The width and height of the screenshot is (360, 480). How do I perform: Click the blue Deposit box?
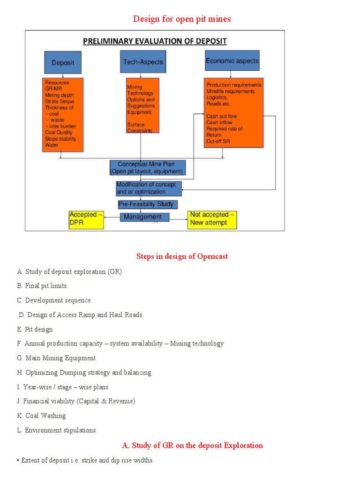pyautogui.click(x=63, y=62)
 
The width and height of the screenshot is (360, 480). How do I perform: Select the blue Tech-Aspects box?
pyautogui.click(x=143, y=62)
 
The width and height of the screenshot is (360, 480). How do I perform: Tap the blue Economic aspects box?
pyautogui.click(x=232, y=61)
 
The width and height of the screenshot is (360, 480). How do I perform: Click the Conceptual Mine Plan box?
pyautogui.click(x=148, y=168)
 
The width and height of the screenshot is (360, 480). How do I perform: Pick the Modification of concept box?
pyautogui.click(x=149, y=188)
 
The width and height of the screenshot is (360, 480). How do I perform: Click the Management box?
pyautogui.click(x=144, y=217)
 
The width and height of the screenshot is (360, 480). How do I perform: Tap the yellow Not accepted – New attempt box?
pyautogui.click(x=212, y=219)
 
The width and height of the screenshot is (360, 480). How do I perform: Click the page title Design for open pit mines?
pyautogui.click(x=182, y=19)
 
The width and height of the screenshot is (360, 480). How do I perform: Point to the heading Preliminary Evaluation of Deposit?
pyautogui.click(x=155, y=41)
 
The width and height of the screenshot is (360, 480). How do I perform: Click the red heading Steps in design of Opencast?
pyautogui.click(x=182, y=256)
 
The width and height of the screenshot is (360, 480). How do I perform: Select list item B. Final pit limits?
pyautogui.click(x=43, y=285)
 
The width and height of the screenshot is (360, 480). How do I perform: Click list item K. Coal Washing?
pyautogui.click(x=41, y=415)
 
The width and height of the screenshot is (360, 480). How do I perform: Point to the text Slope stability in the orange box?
pyautogui.click(x=60, y=139)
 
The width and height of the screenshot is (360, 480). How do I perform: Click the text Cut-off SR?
pyautogui.click(x=218, y=141)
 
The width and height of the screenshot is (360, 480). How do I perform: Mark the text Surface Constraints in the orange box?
pyautogui.click(x=140, y=128)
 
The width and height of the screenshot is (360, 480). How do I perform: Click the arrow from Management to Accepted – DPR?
pyautogui.click(x=112, y=217)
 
